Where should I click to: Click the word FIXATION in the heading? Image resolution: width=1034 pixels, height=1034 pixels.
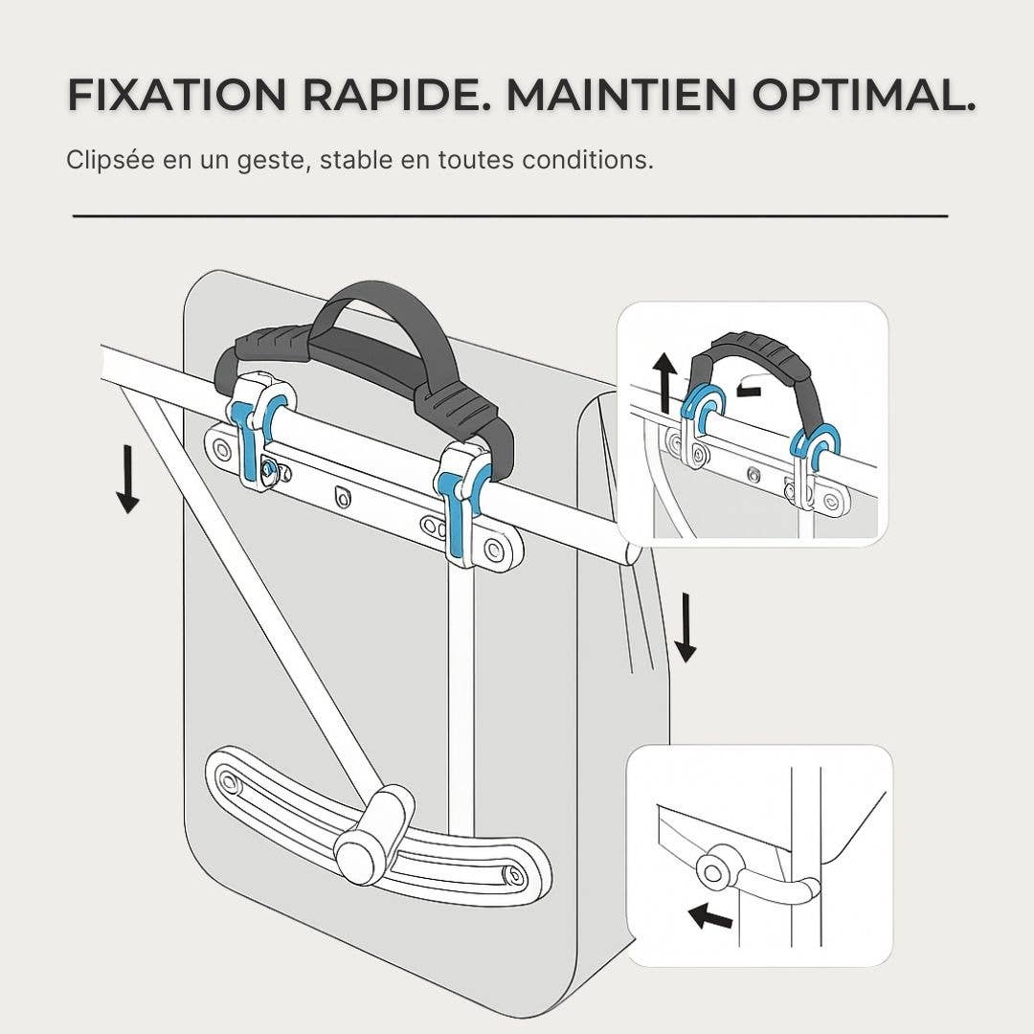177,94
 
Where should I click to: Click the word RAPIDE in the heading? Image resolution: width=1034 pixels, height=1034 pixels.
393,94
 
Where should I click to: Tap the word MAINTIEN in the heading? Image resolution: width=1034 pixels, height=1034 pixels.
620,94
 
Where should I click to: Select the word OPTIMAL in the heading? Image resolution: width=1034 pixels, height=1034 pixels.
864,94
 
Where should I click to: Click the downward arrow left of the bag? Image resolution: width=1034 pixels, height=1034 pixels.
128,479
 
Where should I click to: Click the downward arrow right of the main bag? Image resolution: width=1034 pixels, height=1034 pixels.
686,627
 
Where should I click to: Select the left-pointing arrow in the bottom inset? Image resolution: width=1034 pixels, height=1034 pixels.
709,916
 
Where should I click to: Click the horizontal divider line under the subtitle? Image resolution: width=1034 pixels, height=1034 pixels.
509,215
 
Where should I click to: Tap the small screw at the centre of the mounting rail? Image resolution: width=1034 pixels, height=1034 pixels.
343,496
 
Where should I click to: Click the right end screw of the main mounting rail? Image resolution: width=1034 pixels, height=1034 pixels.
492,548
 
